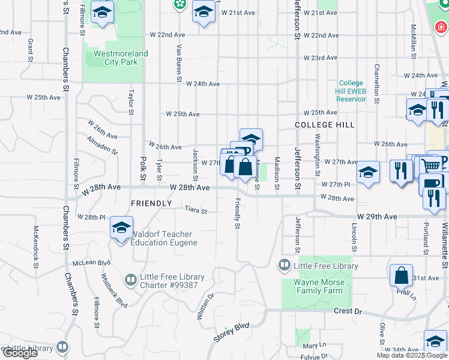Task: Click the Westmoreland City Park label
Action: click(x=121, y=58)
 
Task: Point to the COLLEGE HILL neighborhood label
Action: click(x=325, y=125)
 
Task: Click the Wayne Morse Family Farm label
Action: click(x=318, y=286)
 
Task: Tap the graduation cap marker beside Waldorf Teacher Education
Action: click(x=121, y=229)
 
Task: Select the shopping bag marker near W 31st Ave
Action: click(x=401, y=275)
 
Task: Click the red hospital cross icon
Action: click(x=441, y=28)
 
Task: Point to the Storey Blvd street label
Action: click(x=232, y=333)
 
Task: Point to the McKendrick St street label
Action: click(x=37, y=247)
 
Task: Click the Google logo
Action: click(x=20, y=353)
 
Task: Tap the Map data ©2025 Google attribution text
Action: click(x=412, y=355)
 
